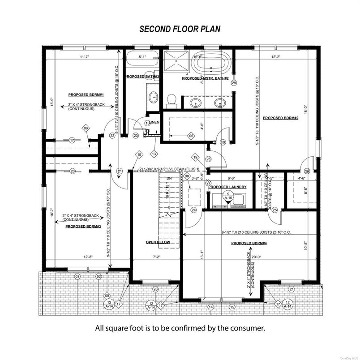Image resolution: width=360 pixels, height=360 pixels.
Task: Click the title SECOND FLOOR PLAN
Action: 180,29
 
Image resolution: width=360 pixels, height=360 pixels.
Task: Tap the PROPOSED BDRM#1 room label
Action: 84,95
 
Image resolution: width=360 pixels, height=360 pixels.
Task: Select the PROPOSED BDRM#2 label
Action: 280,118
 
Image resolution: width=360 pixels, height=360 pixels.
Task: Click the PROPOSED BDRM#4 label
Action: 249,243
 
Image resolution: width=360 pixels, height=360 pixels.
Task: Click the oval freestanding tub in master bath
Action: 210,63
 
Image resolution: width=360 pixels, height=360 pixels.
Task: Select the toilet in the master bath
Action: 171,99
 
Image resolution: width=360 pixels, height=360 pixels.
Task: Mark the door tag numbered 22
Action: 112,136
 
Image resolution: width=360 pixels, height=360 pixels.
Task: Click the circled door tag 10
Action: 223,142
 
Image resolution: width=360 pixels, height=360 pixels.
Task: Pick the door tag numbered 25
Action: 275,209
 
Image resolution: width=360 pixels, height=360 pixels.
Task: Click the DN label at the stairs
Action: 169,178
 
